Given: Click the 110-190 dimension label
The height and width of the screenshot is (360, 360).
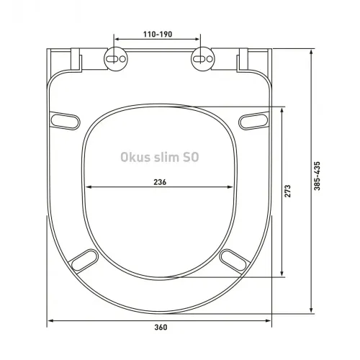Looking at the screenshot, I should click(158, 33).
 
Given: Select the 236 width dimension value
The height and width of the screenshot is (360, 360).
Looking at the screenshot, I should click(160, 182).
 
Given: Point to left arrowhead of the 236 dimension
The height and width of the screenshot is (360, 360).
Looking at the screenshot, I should click(89, 189).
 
